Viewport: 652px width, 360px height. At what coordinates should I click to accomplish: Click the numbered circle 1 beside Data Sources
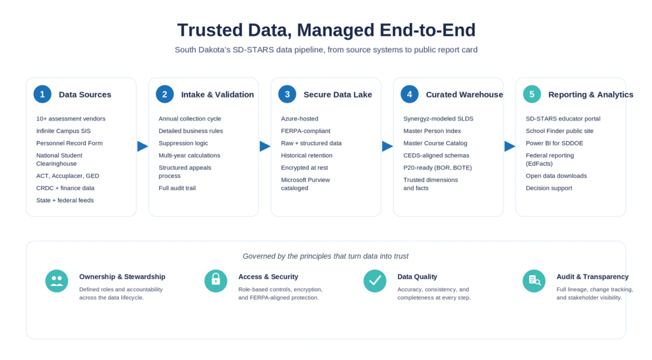[x=43, y=94]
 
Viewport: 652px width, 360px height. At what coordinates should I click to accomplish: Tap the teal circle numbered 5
[x=532, y=94]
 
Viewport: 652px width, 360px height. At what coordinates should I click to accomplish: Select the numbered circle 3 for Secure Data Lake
[x=287, y=94]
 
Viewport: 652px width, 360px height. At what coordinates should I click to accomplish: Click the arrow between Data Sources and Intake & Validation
[x=142, y=146]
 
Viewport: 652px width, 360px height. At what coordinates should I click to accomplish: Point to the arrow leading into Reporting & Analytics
[x=509, y=146]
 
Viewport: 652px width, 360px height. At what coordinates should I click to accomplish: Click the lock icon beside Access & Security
[x=216, y=281]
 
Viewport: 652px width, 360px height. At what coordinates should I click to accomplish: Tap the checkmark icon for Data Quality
[x=374, y=281]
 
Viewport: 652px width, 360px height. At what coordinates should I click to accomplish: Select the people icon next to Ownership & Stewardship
[x=57, y=281]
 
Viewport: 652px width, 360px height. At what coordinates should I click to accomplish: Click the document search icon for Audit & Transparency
[x=534, y=281]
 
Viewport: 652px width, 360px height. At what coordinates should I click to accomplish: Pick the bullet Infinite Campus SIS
[x=63, y=131]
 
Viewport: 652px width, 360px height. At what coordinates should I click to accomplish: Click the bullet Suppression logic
[x=183, y=143]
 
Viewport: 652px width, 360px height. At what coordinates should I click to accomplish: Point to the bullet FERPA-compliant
[x=306, y=131]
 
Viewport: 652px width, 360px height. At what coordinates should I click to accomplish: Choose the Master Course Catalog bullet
[x=435, y=143]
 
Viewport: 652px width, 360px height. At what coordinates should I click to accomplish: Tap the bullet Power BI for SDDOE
[x=555, y=143]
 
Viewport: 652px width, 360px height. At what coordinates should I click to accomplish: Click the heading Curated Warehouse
[x=464, y=95]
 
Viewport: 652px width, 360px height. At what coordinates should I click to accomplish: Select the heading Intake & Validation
[x=218, y=95]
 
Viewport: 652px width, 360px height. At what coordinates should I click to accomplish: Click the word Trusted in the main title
[x=210, y=31]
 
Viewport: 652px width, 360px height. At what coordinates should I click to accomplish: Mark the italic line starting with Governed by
[x=325, y=256]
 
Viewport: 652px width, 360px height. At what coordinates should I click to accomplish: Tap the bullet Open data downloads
[x=556, y=176]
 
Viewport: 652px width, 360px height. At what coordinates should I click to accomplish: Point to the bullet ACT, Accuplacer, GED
[x=67, y=176]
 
